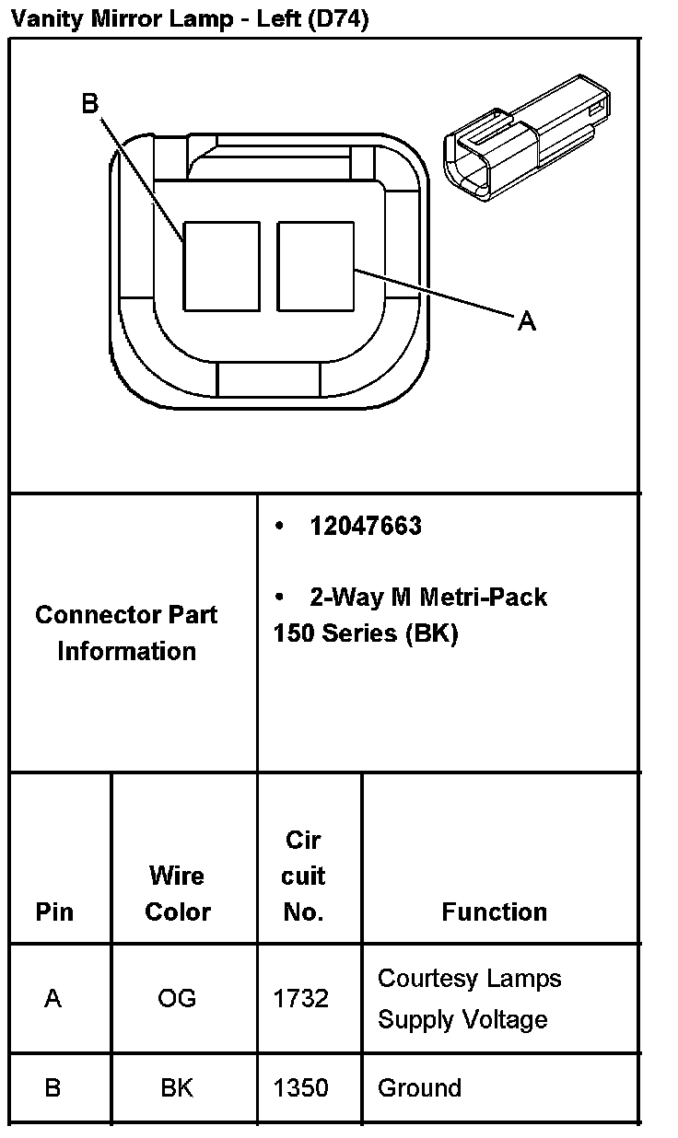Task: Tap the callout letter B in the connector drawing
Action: coord(89,104)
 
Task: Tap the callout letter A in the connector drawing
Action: coord(526,320)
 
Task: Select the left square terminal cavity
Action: coord(221,265)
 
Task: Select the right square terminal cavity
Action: coord(315,265)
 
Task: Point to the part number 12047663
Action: coord(366,526)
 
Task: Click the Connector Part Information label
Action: coord(126,633)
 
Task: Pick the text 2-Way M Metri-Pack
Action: coord(428,597)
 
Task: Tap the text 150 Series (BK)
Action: coord(366,633)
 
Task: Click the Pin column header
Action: coord(54,912)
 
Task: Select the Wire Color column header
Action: coord(178,893)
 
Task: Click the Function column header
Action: coord(494,912)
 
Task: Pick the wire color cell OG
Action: coord(177,998)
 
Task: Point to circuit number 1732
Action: coord(301,998)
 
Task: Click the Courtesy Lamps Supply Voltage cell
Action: coord(469,998)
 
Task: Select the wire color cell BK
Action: coord(177,1087)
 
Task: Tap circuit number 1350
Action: coord(301,1087)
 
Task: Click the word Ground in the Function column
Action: coord(419,1087)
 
